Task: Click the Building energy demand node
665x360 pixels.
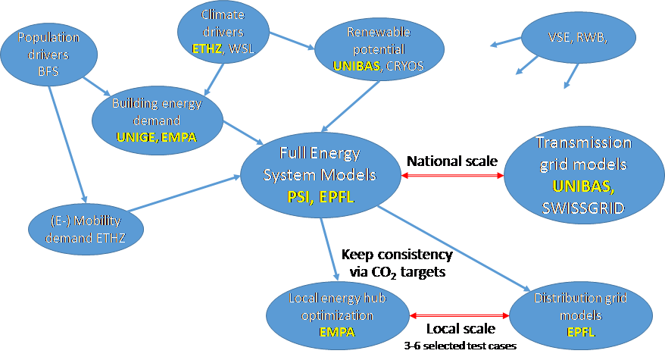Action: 158,120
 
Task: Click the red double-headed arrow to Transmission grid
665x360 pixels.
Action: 453,176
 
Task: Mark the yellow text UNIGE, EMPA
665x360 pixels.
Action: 157,137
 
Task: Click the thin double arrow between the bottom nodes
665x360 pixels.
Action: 458,313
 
